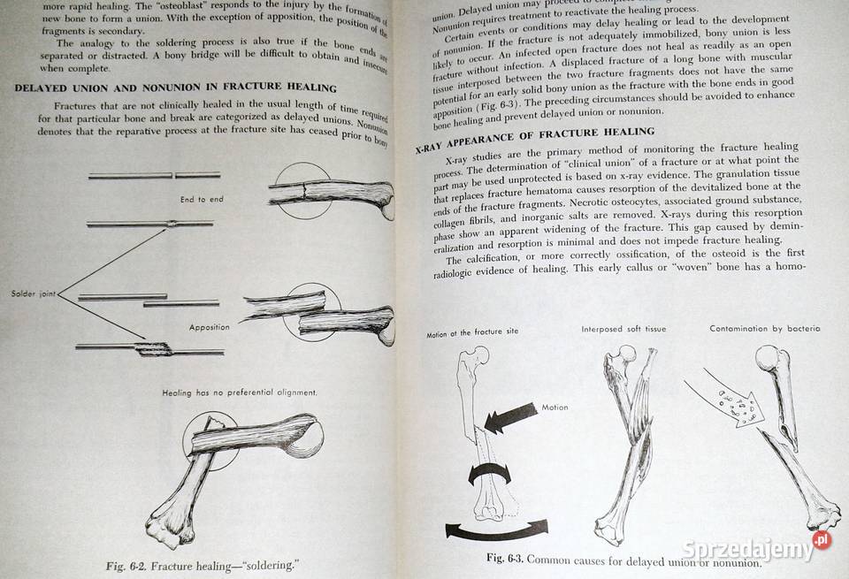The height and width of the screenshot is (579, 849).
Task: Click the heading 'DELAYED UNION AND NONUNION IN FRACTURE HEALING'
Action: click(x=176, y=88)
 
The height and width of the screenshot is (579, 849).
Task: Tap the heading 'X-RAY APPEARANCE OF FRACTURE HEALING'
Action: click(x=534, y=138)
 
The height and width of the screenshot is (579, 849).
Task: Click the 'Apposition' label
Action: click(x=209, y=327)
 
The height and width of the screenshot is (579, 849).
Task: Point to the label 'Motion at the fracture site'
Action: click(x=472, y=334)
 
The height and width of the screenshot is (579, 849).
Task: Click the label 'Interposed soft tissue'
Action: click(x=623, y=329)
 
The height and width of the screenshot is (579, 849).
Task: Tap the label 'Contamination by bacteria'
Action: click(x=765, y=329)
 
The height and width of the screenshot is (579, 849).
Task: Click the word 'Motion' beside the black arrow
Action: click(x=555, y=408)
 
